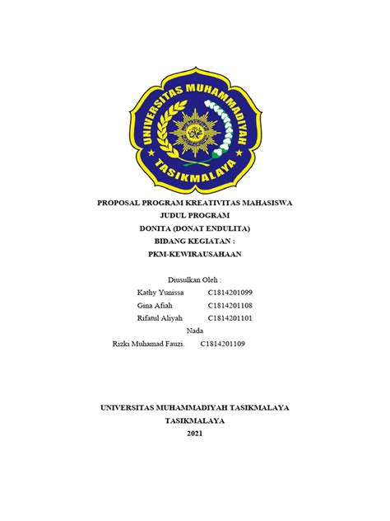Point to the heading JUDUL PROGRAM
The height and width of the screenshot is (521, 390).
point(195,215)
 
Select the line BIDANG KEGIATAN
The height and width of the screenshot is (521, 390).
point(195,242)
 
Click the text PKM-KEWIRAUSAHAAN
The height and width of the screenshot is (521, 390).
point(195,255)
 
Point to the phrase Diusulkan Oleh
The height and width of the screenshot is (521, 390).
point(195,280)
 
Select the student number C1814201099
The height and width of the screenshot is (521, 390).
point(230,293)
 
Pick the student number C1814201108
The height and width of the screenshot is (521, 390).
point(230,305)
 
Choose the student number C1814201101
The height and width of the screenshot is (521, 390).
point(230,317)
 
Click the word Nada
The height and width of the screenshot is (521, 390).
point(195,330)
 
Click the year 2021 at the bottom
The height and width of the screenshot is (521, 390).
point(195,434)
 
